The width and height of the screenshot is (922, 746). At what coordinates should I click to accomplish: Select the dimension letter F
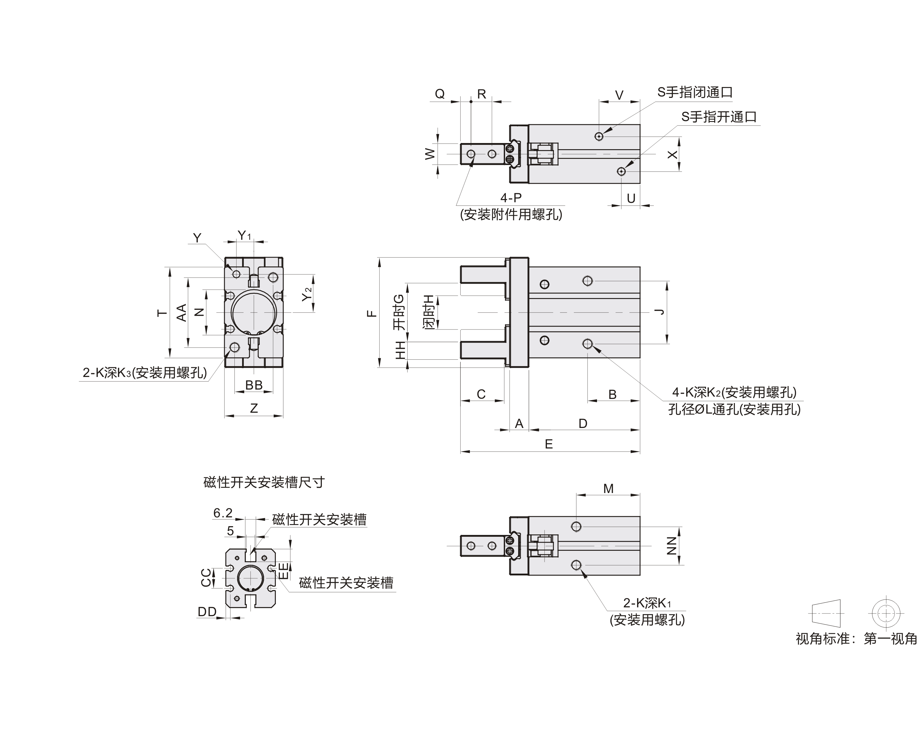pos(372,314)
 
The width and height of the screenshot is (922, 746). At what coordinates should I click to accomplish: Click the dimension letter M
pos(608,489)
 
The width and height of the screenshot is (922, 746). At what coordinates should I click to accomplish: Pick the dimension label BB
pos(254,385)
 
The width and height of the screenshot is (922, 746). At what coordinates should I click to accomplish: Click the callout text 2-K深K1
pos(647,603)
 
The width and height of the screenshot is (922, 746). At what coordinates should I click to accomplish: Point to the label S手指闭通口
pos(695,92)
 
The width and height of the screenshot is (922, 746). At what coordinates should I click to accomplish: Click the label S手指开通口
pos(719,117)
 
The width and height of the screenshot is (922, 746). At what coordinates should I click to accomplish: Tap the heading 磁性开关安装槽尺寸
pos(264,482)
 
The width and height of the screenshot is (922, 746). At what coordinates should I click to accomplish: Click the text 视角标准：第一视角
pos(856,638)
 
